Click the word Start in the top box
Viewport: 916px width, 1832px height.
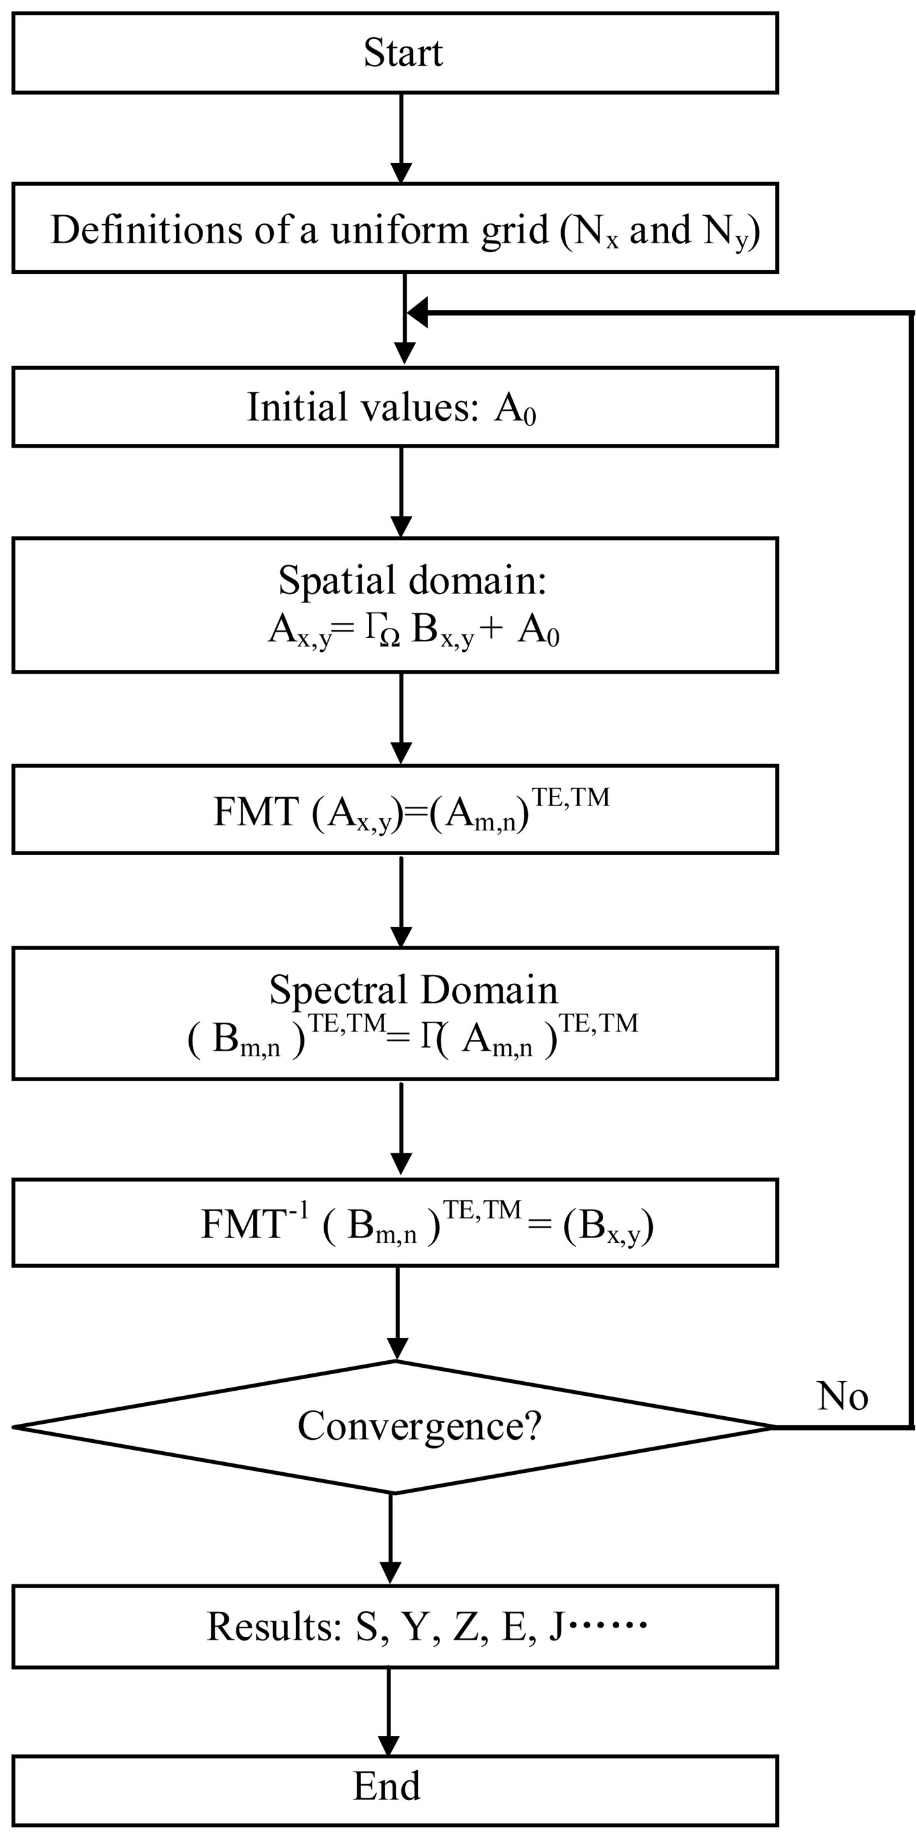pyautogui.click(x=403, y=53)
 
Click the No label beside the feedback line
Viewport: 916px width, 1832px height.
pyautogui.click(x=842, y=1396)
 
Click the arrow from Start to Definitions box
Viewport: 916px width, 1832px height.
pyautogui.click(x=402, y=139)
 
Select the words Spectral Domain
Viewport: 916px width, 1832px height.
pyautogui.click(x=413, y=990)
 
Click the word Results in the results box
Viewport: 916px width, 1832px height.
pyautogui.click(x=274, y=1626)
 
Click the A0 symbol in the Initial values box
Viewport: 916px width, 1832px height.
pyautogui.click(x=515, y=409)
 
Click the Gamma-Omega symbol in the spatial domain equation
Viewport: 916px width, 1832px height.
pyautogui.click(x=383, y=631)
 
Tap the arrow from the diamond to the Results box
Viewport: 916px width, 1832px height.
pyautogui.click(x=391, y=1539)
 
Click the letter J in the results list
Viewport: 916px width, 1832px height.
pyautogui.click(x=556, y=1626)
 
